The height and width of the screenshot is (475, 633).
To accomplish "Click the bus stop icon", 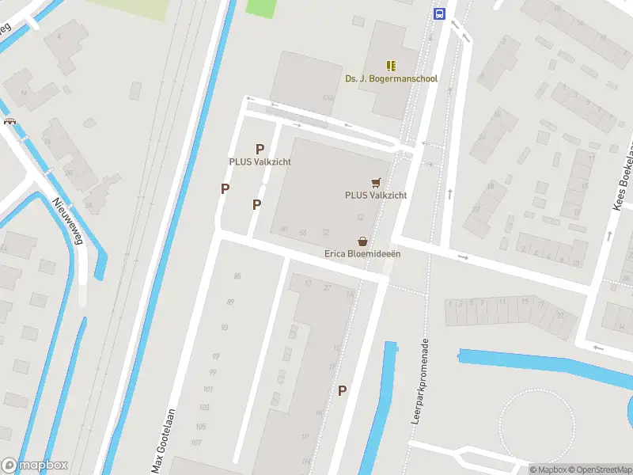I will tap(439, 13).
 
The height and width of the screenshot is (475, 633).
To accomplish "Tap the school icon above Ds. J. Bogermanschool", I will tap(391, 66).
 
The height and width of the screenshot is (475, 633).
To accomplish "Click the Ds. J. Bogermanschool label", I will tap(391, 79).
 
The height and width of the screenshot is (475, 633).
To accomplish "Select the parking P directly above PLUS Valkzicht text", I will tap(260, 149).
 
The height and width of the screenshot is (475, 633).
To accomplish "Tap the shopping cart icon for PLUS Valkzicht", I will tap(376, 182).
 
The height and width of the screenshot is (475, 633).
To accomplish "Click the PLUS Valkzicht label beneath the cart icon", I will tap(376, 195).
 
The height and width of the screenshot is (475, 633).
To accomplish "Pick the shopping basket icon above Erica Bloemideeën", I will tap(362, 241).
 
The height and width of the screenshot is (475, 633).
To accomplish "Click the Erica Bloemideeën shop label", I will tap(362, 254).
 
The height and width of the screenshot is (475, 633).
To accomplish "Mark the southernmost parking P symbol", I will tap(343, 390).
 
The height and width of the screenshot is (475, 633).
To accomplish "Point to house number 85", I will tap(237, 275).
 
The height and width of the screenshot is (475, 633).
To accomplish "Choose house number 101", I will tap(208, 389).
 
